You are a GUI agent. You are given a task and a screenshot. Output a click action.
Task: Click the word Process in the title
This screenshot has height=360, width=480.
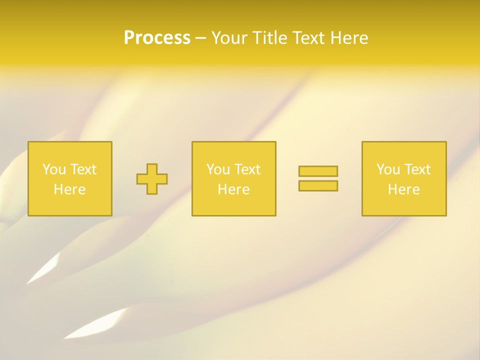click(157, 38)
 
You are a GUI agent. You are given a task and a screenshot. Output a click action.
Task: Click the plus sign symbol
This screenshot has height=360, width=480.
click(152, 179)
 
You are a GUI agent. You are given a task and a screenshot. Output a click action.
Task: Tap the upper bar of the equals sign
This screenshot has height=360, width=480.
click(318, 171)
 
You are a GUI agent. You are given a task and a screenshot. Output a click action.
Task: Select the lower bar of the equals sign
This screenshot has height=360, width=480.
click(318, 186)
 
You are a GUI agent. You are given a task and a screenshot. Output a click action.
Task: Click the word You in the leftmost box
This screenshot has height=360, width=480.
click(54, 169)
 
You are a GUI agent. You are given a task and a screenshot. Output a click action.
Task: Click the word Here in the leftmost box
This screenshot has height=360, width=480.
click(69, 189)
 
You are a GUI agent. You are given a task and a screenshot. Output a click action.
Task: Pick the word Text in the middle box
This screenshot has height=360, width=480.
click(247, 169)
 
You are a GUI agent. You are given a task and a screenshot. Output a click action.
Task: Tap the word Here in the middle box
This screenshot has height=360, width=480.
click(233, 189)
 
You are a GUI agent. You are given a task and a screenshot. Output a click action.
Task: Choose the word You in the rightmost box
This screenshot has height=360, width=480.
click(388, 169)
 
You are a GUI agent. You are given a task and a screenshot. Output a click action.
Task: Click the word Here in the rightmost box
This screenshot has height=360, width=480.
click(403, 189)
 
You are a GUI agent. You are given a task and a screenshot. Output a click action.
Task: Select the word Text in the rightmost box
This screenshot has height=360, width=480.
click(417, 169)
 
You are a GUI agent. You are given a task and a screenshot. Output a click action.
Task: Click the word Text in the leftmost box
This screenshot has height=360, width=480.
click(83, 169)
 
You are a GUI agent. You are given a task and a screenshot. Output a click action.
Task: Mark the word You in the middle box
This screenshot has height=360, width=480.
click(218, 169)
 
